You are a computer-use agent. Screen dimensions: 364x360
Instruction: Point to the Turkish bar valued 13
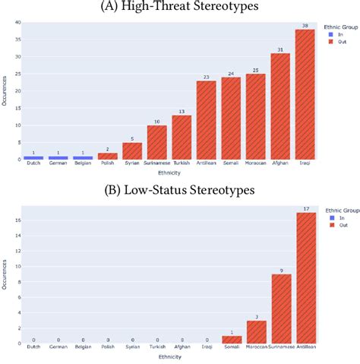click(182, 137)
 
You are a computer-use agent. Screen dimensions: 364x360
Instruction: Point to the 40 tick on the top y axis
click(18, 21)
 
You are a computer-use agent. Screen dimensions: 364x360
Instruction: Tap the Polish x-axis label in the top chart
click(109, 165)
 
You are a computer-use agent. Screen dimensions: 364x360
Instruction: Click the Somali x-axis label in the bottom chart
click(232, 349)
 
